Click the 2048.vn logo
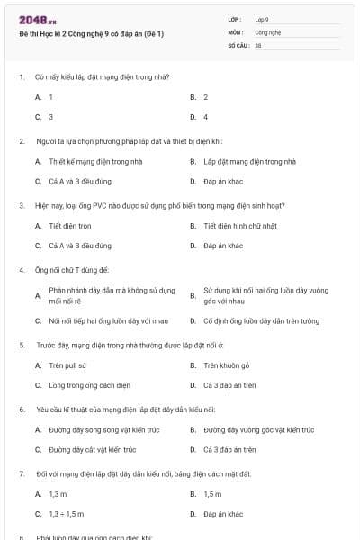click(37, 19)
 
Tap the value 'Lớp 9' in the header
click(262, 18)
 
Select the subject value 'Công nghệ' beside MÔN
click(268, 31)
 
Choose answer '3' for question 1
click(50, 117)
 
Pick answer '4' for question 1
click(206, 117)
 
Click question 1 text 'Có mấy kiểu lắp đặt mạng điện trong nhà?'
click(95, 76)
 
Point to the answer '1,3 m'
click(58, 494)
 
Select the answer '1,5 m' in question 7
click(212, 494)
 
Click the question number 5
click(22, 345)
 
